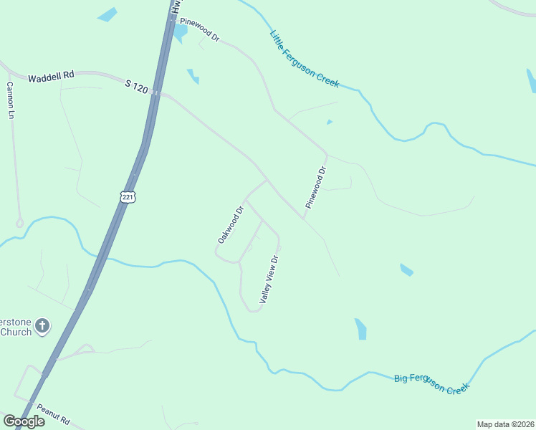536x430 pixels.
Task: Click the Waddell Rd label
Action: (x=52, y=77)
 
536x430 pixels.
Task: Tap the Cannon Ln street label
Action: (x=11, y=100)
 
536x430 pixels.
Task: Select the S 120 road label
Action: (x=135, y=87)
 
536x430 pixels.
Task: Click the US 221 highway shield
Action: (x=128, y=196)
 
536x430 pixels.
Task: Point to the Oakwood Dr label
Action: (x=231, y=224)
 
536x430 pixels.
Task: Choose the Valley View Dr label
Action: (x=269, y=280)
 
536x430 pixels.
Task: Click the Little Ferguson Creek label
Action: (x=304, y=59)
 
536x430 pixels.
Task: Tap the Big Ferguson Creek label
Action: (x=431, y=383)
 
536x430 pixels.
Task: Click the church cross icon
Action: (x=42, y=327)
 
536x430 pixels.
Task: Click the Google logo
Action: (x=24, y=421)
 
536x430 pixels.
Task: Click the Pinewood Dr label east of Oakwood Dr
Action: (x=315, y=187)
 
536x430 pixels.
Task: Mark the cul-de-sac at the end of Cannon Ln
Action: (x=19, y=223)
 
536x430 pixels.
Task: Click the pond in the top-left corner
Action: (x=107, y=14)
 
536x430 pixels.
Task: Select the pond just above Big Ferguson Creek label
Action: (x=360, y=328)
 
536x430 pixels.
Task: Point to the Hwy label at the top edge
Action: (x=175, y=6)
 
